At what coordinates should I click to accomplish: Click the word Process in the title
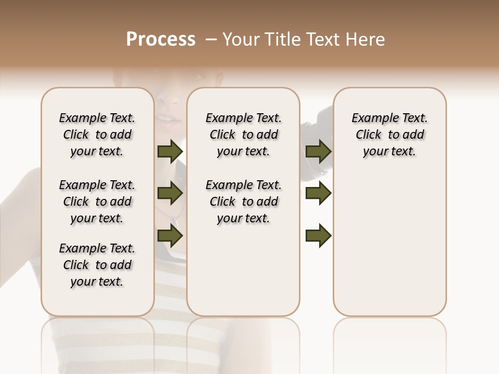pyautogui.click(x=161, y=39)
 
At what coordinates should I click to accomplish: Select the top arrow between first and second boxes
pyautogui.click(x=170, y=152)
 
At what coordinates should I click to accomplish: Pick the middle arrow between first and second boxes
pyautogui.click(x=170, y=194)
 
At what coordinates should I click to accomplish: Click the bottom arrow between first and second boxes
pyautogui.click(x=170, y=236)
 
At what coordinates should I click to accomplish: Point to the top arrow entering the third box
pyautogui.click(x=319, y=152)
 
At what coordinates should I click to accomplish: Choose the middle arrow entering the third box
pyautogui.click(x=319, y=194)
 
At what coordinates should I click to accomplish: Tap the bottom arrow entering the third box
pyautogui.click(x=319, y=236)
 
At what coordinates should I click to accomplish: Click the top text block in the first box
pyautogui.click(x=97, y=135)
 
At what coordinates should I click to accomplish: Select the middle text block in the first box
pyautogui.click(x=97, y=202)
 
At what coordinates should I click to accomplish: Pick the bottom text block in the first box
pyautogui.click(x=97, y=265)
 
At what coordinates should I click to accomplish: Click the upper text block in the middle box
pyautogui.click(x=243, y=135)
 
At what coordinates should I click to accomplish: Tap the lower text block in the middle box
pyautogui.click(x=243, y=202)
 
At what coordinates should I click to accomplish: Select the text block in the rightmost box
pyautogui.click(x=389, y=135)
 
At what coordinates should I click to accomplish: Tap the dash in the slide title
pyautogui.click(x=211, y=39)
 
